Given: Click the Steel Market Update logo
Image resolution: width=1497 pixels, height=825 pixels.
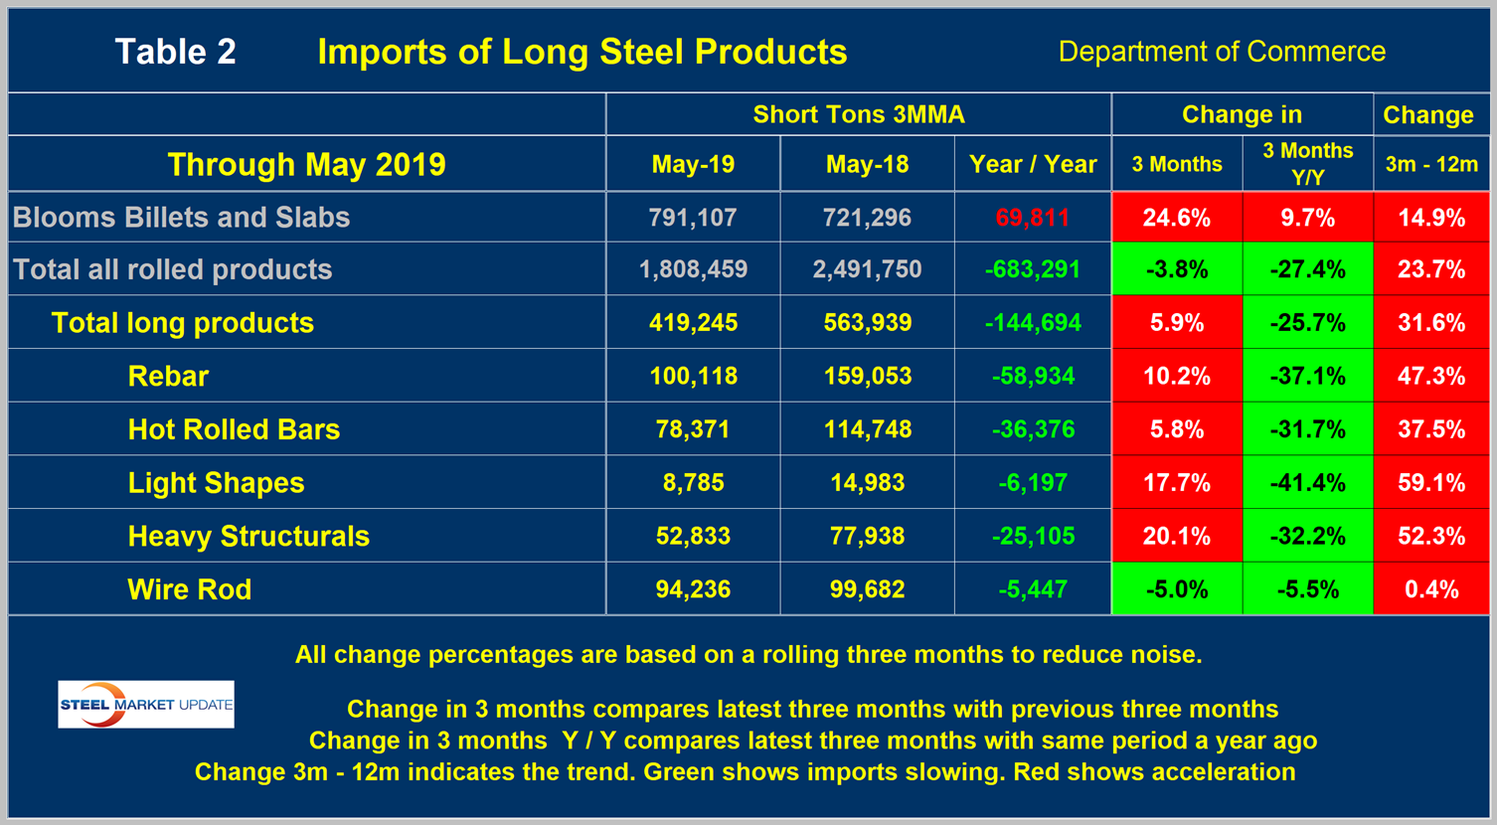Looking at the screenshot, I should (146, 704).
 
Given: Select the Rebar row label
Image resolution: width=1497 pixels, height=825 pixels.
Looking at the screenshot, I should (168, 376).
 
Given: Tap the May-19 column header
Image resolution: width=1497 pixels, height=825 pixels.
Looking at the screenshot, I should (693, 164).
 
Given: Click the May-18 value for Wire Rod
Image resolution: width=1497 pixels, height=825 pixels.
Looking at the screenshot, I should (867, 589).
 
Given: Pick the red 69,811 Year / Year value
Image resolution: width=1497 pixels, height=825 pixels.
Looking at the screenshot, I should (1032, 218).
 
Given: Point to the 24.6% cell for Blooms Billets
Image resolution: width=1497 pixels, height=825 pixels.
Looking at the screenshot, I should (1176, 218).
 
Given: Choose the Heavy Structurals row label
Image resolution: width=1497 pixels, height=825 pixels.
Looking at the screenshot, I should (249, 536).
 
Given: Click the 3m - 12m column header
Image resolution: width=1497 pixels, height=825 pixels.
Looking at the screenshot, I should (1431, 164).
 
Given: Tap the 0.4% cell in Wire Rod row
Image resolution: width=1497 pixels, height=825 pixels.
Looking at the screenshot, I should (1431, 589).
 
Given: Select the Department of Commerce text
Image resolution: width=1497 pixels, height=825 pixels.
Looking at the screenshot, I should (1222, 52).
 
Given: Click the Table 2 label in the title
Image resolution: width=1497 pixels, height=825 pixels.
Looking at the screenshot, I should (176, 52).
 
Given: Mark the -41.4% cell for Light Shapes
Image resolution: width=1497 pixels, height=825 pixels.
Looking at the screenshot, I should (1307, 483).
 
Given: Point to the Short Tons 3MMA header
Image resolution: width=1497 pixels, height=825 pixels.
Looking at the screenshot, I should (859, 114).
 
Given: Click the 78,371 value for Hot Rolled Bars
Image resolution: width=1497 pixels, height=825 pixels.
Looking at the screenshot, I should (693, 429).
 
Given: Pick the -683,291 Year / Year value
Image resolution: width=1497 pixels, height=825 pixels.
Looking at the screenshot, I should (1032, 269).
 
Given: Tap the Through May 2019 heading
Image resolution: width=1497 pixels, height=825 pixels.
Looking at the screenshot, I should (306, 164).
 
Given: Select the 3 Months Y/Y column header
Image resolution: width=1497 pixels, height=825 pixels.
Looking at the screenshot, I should (1307, 164).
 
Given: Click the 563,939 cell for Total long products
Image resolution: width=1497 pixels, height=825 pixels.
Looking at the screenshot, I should (867, 323).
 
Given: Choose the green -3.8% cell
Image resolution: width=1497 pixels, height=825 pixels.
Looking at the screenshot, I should (1176, 269).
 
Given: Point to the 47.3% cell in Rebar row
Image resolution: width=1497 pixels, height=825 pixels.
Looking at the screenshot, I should (1431, 376).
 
